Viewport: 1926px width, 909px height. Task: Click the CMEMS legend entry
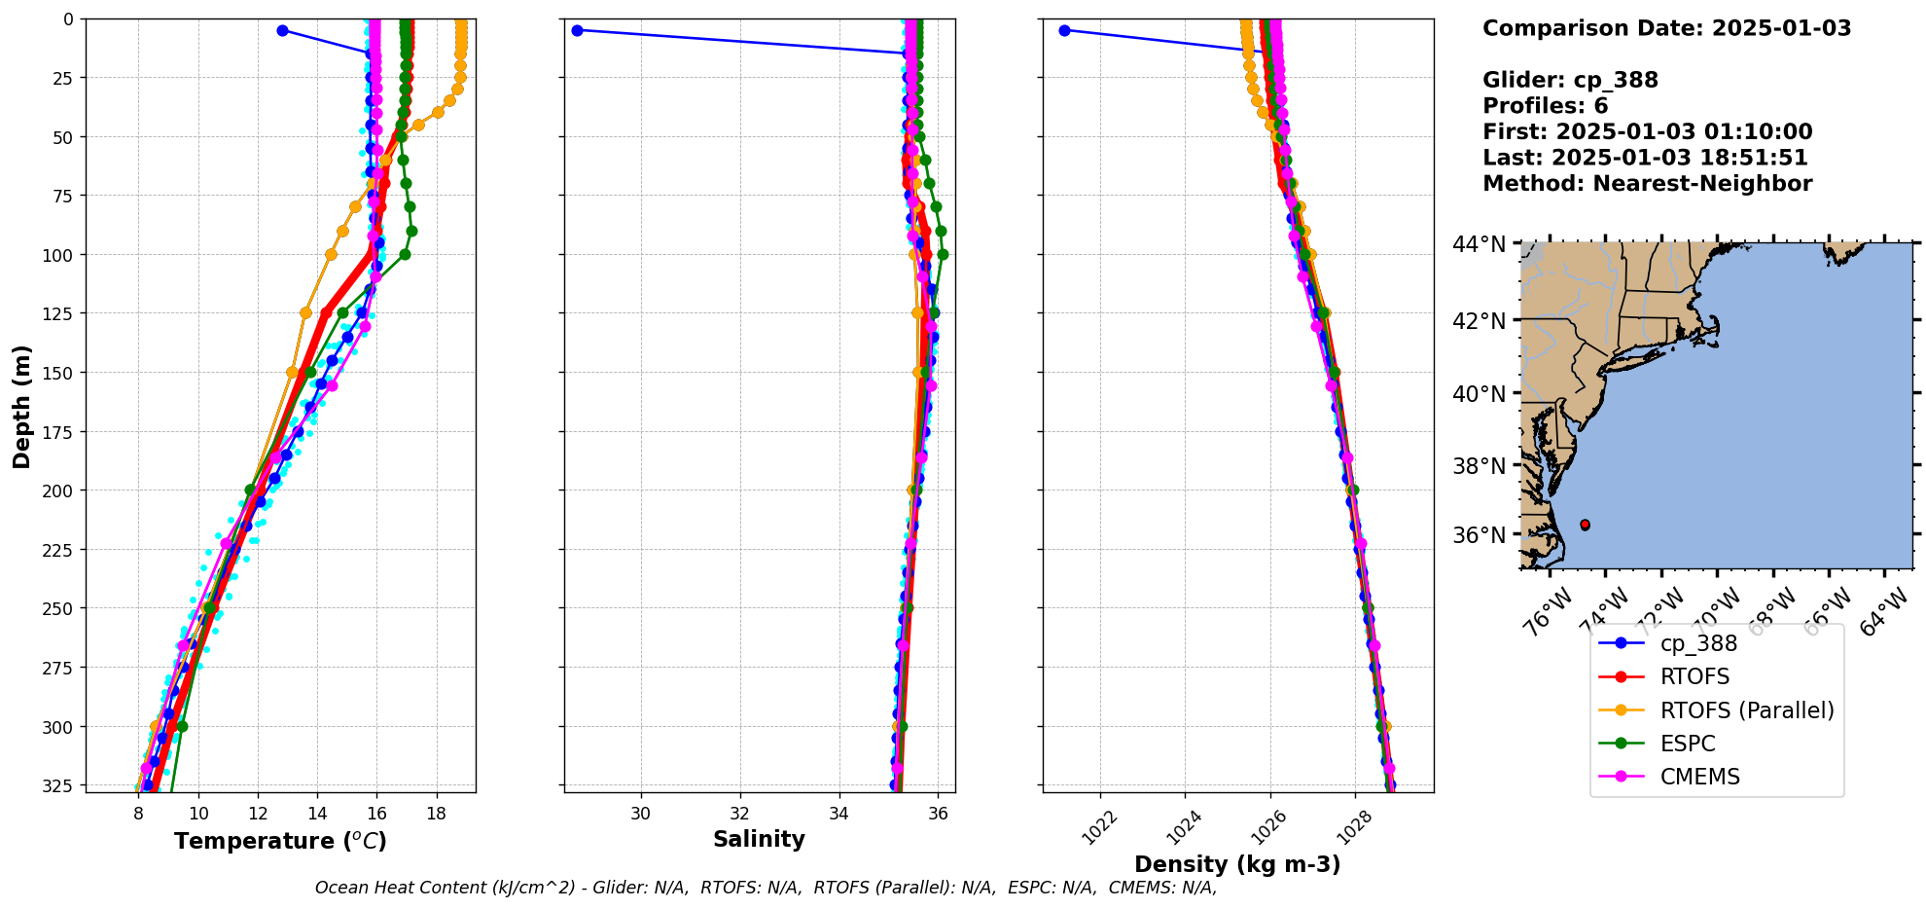1699,777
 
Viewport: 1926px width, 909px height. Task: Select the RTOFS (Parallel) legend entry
1746,710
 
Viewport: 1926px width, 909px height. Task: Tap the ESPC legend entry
1688,744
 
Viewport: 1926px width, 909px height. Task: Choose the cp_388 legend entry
1698,643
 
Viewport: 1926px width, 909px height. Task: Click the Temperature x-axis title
280,841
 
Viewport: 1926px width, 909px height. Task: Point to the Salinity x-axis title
759,839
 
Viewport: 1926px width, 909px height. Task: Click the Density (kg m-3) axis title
1237,864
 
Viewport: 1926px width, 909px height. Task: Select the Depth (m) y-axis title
22,406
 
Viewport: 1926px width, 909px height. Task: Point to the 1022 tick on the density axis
1099,828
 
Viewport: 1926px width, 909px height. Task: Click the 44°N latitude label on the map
1479,243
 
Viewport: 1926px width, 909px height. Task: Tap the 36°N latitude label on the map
1479,535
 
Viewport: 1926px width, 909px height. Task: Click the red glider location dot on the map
1585,525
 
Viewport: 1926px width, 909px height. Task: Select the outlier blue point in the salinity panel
577,30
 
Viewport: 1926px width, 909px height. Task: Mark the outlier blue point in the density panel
1064,30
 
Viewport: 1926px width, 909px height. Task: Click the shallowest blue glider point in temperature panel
282,30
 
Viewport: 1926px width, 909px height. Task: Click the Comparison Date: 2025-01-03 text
1666,28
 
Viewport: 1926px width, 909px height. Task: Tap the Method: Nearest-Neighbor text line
1647,184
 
